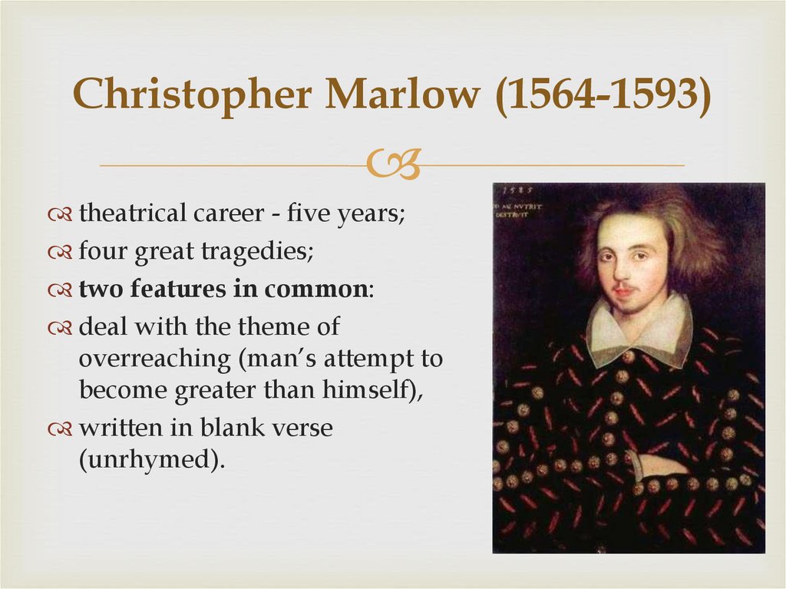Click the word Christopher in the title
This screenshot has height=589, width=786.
coord(192,96)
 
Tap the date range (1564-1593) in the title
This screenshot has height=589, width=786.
coord(603,96)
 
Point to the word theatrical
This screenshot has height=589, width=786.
coord(133,213)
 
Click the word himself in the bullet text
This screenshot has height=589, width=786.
coord(368,389)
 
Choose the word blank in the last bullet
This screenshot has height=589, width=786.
coord(231,428)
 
